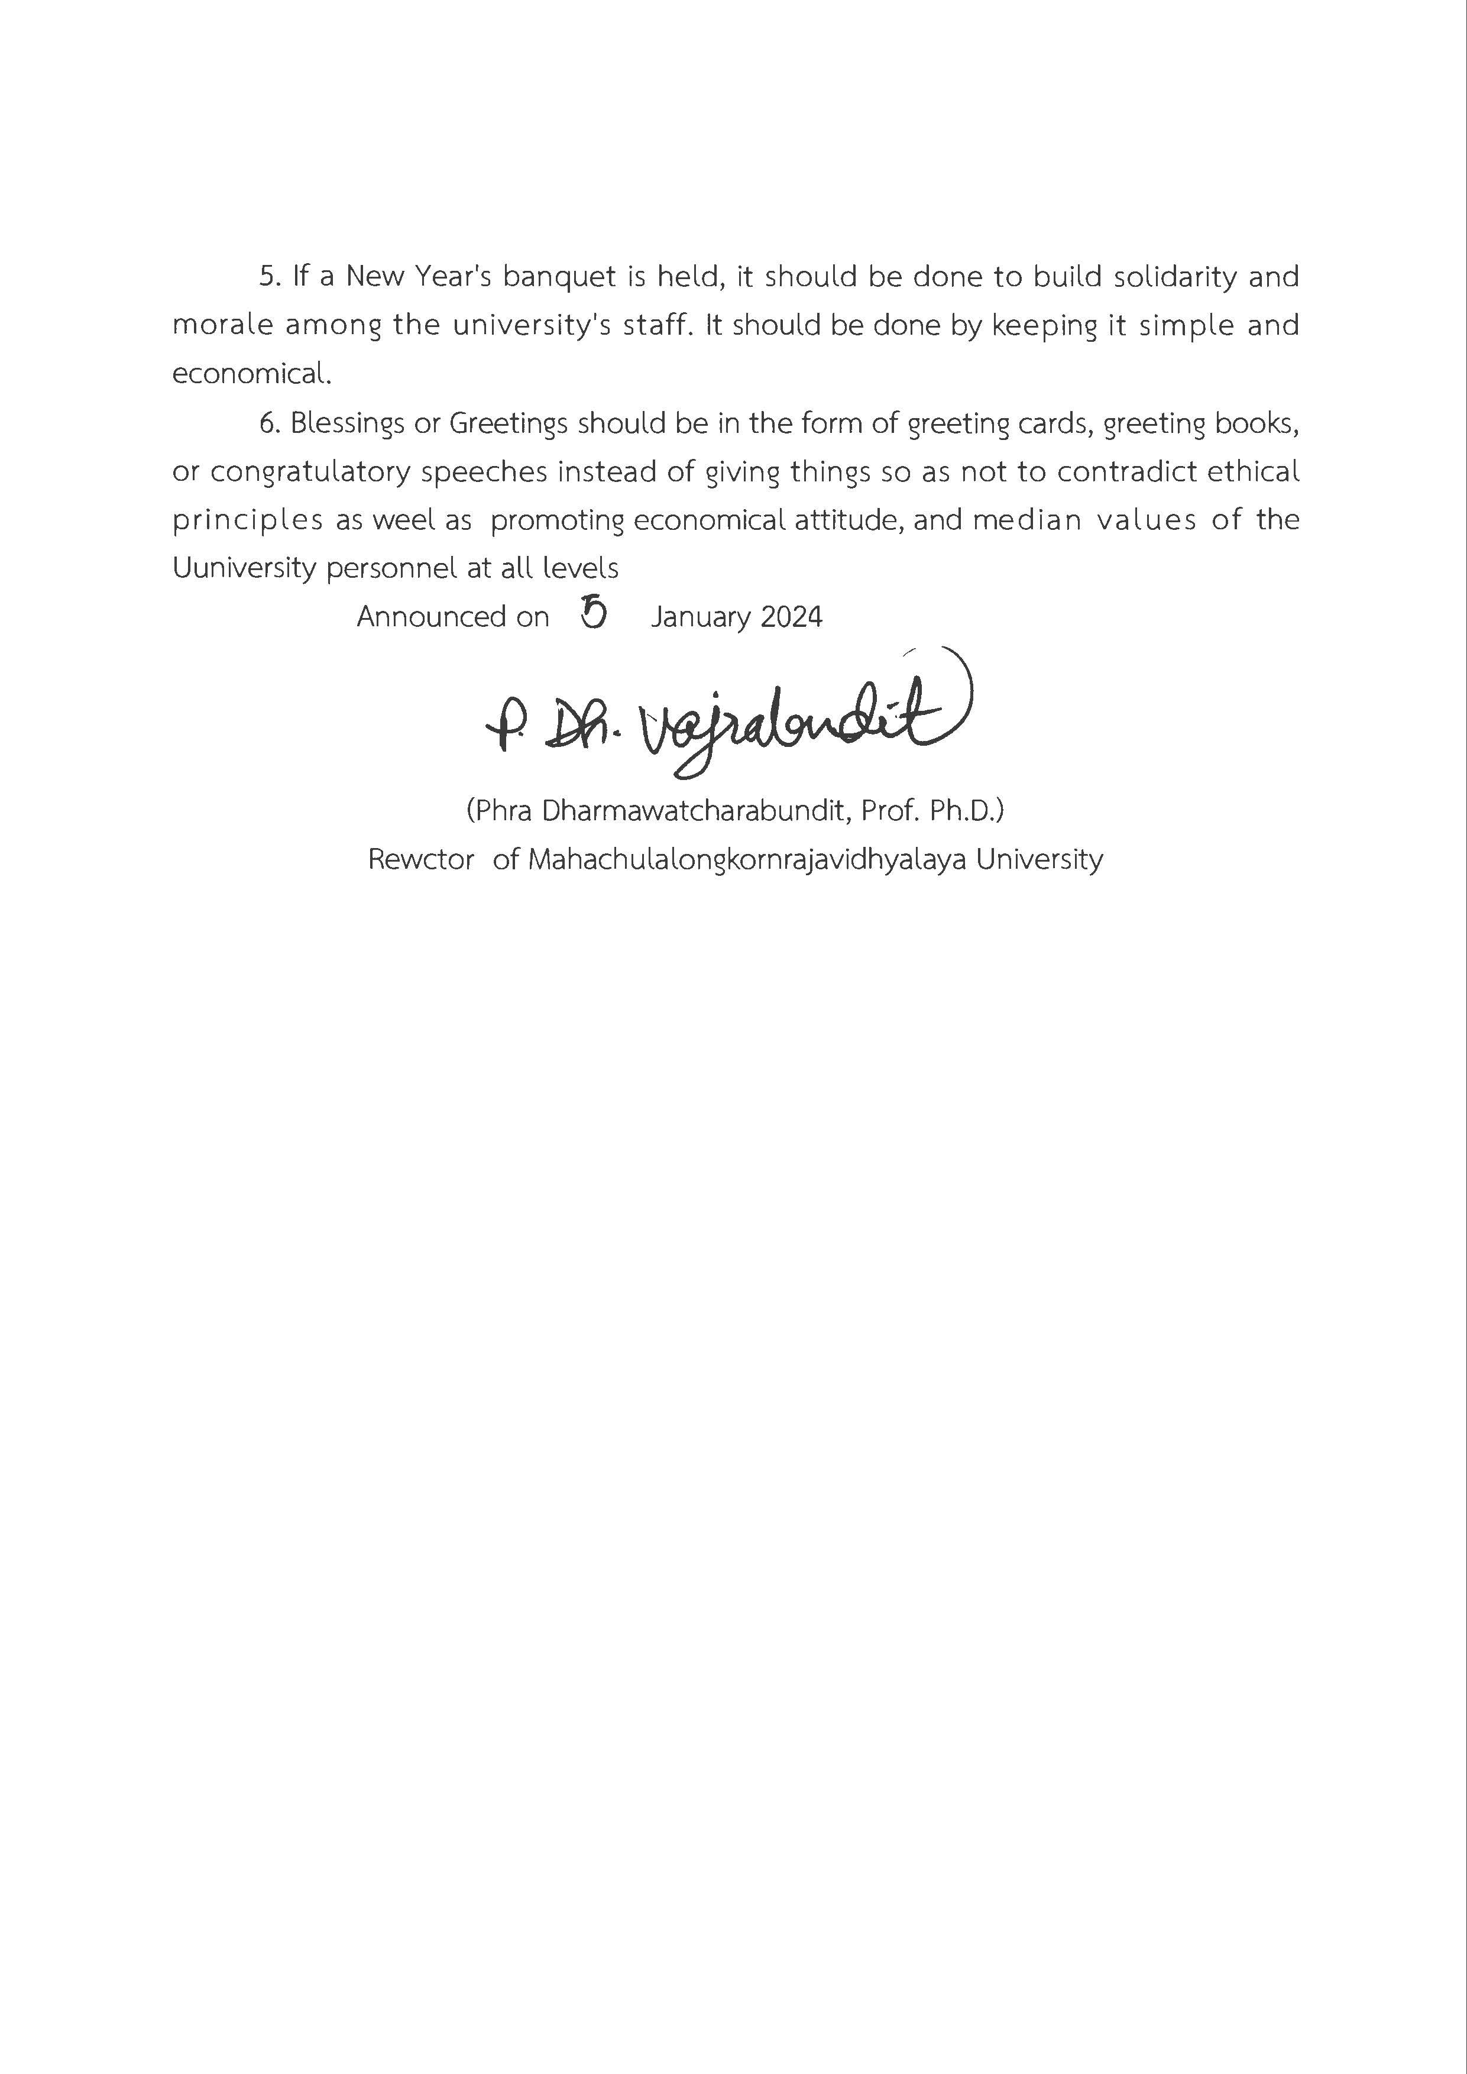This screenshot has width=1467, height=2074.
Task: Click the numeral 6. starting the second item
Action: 271,423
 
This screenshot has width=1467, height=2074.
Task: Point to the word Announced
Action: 431,617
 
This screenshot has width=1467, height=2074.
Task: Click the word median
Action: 1026,520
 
